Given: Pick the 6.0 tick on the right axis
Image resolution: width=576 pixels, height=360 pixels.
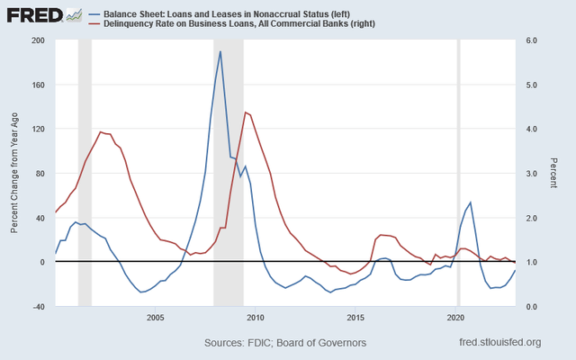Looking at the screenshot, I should point(532,40).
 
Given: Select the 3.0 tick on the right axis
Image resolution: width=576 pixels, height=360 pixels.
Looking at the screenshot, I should point(532,174).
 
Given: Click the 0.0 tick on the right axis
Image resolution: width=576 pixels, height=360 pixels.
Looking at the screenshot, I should point(532,307).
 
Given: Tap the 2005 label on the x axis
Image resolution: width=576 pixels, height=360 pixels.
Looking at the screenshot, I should point(155,318).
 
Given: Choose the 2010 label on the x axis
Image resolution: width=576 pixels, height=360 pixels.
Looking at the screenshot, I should point(256,318).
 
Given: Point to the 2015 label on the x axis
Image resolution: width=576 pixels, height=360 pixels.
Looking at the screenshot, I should point(356,318).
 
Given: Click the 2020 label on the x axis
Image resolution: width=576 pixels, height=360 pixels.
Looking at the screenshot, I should point(456,318).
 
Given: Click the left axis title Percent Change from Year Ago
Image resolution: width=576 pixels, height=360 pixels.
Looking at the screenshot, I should point(15,173).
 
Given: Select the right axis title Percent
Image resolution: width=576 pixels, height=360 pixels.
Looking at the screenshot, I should point(555,173).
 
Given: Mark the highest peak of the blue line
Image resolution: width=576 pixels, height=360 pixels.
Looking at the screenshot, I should point(220,51).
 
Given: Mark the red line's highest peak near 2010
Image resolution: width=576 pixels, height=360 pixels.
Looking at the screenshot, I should point(246,112).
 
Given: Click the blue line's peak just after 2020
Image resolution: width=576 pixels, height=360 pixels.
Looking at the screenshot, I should point(471,202).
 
